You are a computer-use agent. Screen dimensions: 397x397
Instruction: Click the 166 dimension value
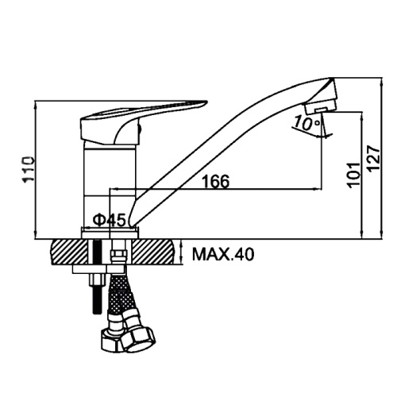[216, 181]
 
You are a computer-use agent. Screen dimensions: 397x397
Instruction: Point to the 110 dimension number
[29, 170]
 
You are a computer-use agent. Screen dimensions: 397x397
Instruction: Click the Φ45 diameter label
[110, 220]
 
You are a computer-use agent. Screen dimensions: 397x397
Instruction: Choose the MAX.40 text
[223, 254]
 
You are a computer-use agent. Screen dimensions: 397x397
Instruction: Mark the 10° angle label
[307, 123]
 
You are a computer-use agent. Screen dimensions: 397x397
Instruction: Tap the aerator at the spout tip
[320, 108]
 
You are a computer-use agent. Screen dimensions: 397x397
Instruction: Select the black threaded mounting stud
[98, 276]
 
